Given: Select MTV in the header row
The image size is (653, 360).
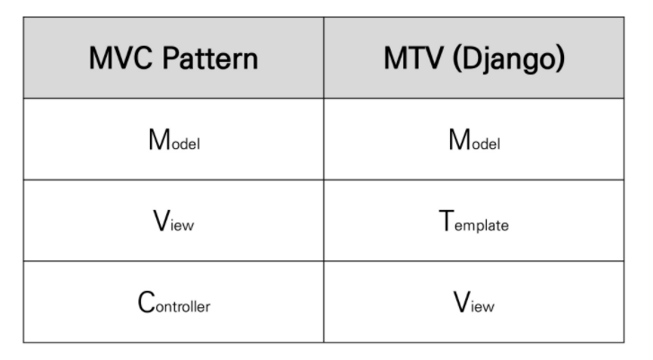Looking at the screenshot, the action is coord(413,59).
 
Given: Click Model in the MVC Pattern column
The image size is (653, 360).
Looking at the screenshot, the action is coord(173,141).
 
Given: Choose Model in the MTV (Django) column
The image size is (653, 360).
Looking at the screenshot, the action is coord(473,141).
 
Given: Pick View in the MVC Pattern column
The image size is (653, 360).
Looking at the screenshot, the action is coord(173,222).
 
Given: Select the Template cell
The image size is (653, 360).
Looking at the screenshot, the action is coord(473,222).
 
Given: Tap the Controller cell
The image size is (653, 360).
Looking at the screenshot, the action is coord(173,303).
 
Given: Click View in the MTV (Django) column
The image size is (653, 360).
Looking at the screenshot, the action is coord(473,303).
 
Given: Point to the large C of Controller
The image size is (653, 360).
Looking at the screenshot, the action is coord(146,302).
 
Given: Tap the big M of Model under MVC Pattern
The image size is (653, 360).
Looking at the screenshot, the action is coord(157,140).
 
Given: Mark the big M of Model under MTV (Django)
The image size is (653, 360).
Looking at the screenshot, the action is coord(457,140).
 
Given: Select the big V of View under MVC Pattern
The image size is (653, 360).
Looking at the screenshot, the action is coord(162,221).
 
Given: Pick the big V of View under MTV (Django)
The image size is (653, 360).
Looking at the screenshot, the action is coord(462,302).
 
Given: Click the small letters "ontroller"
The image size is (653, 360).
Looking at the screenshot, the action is coord(183,307).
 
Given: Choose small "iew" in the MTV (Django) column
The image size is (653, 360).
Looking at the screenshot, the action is coord(483,307).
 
